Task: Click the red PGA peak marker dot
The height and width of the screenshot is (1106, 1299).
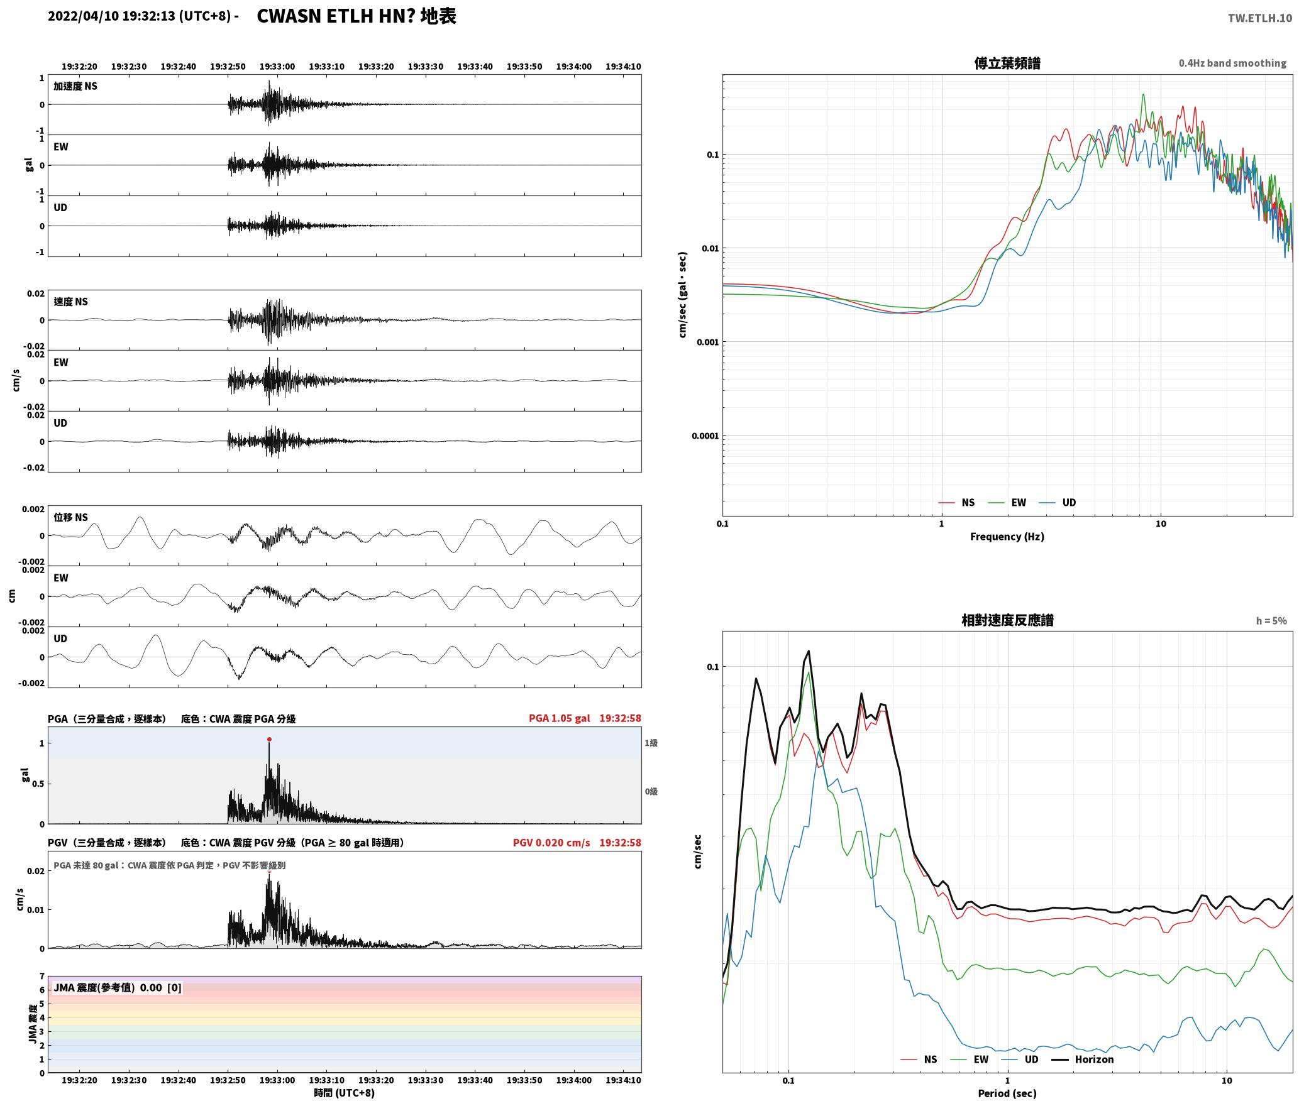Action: (269, 739)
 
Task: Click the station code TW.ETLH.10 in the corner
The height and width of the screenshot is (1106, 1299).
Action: (1260, 18)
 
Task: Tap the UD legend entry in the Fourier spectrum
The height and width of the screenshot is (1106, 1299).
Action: (1058, 502)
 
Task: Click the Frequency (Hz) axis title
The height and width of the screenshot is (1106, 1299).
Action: (1007, 536)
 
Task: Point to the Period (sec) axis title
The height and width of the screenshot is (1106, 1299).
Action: (1007, 1093)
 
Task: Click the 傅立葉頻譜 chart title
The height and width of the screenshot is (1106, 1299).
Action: (1007, 63)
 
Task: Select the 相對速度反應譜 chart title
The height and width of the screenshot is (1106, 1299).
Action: (1007, 620)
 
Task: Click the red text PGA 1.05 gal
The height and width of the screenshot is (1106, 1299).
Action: (559, 718)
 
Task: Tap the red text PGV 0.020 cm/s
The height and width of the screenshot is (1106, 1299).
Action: (551, 843)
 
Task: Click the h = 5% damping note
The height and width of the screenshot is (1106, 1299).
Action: (1271, 621)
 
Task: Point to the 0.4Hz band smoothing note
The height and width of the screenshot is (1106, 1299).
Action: (1232, 63)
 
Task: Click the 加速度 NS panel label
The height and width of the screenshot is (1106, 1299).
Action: (75, 86)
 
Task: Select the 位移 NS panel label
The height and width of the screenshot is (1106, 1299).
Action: (70, 517)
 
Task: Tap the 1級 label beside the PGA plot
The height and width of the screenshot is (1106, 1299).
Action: (651, 743)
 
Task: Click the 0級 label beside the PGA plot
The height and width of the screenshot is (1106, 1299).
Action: (651, 791)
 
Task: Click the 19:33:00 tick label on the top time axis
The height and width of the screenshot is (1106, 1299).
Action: (277, 67)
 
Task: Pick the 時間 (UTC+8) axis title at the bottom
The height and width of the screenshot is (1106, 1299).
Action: (345, 1093)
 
